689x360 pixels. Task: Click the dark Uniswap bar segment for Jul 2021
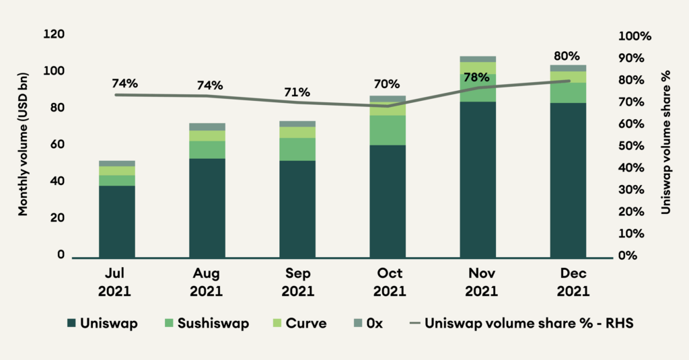(117, 221)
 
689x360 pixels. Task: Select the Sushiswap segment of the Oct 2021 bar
(388, 130)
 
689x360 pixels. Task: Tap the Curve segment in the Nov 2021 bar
(478, 67)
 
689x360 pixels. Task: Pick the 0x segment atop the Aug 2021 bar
(207, 127)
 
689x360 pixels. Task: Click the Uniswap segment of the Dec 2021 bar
(568, 180)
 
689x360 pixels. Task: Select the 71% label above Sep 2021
(297, 92)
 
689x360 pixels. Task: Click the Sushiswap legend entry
(205, 324)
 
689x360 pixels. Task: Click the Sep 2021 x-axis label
(297, 283)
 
